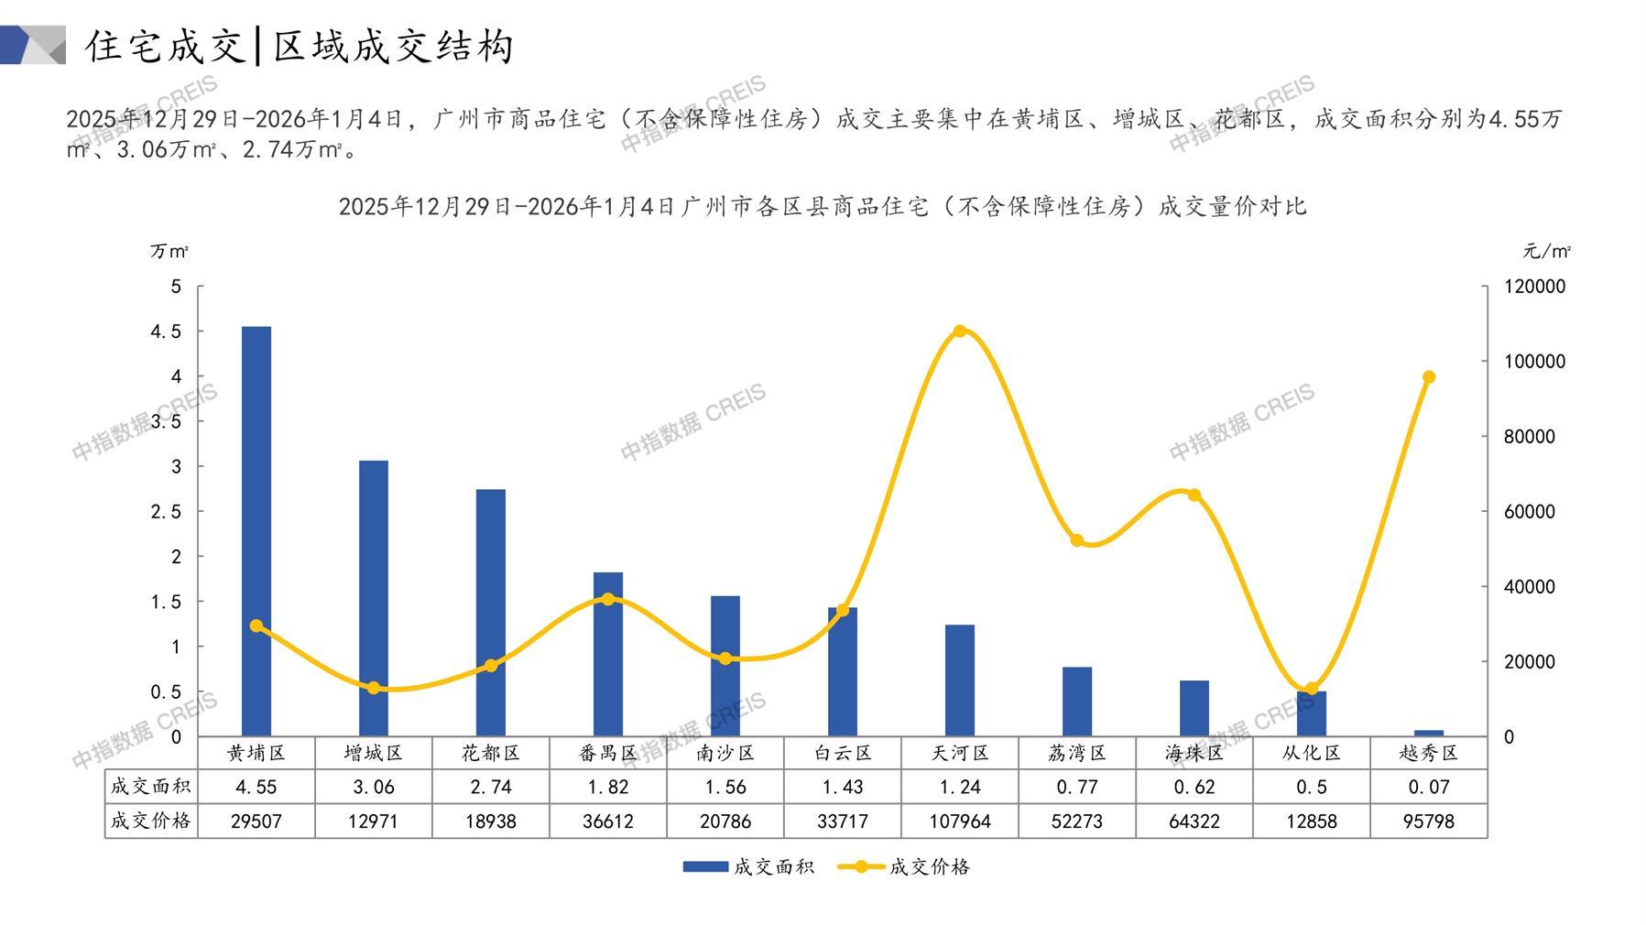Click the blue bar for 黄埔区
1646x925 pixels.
[x=256, y=531]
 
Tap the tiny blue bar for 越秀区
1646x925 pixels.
[x=1428, y=733]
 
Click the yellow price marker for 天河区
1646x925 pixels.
[x=960, y=332]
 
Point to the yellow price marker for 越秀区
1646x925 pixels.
[x=1429, y=377]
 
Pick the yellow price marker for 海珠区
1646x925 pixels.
[x=1194, y=495]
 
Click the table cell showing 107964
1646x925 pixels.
[x=960, y=822]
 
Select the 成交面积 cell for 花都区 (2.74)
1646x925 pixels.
[x=491, y=787]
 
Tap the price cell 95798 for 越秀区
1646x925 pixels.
[x=1429, y=822]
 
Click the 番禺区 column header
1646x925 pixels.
[x=608, y=754]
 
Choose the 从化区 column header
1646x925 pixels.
[x=1312, y=754]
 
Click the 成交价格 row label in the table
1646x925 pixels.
[x=151, y=821]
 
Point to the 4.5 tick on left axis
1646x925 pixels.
[x=166, y=332]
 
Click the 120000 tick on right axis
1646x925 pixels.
[x=1535, y=287]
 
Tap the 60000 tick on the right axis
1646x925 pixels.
[x=1530, y=512]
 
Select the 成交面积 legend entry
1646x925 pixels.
[x=748, y=866]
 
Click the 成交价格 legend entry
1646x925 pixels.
[x=905, y=866]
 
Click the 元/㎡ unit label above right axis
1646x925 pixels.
[x=1546, y=251]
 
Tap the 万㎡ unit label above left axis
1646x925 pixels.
[x=169, y=251]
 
